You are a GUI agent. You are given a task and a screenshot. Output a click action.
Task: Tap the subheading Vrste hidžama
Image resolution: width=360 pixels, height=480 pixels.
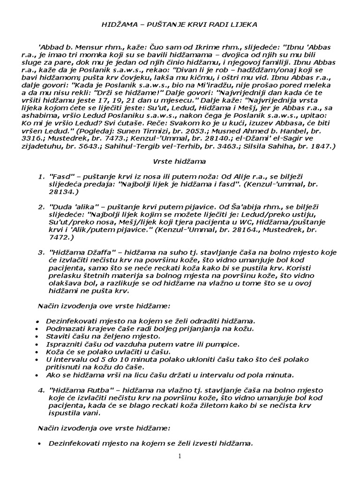179,162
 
